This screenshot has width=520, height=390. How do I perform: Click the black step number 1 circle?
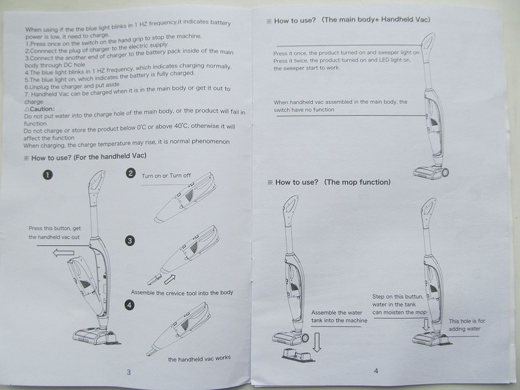pos(47,174)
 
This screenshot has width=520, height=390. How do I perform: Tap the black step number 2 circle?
pos(131,173)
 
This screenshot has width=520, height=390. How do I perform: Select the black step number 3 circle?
pos(130,240)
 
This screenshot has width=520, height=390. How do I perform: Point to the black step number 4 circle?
pos(130,304)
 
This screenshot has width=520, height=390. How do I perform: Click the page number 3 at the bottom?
pos(129,372)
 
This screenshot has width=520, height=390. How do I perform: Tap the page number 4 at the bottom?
pos(375,370)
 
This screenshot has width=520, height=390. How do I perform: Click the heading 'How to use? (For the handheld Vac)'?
pos(84,157)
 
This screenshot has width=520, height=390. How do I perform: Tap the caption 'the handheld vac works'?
pos(199,358)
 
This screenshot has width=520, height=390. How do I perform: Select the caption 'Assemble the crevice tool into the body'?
pos(181,292)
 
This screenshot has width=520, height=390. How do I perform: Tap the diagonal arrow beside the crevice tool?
pos(170,279)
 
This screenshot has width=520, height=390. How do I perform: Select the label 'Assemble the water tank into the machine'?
pos(339,316)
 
